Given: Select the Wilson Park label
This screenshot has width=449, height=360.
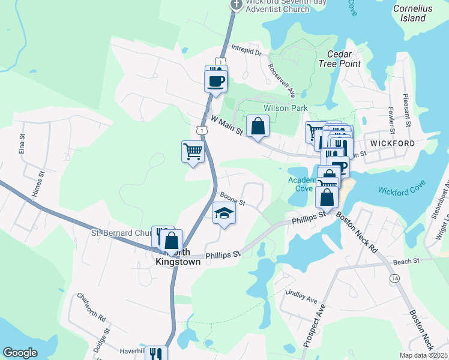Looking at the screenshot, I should point(286,108).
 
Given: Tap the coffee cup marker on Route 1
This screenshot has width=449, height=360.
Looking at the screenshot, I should point(215,80).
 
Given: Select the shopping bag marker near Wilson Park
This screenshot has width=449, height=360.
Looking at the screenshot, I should point(258,126).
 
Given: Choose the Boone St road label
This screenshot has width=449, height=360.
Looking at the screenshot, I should point(232,199).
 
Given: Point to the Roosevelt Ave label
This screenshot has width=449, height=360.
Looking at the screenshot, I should point(282,80).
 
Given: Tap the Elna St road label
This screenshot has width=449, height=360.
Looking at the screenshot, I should point(22,145).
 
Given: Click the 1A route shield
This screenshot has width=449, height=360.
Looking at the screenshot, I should point(394,278).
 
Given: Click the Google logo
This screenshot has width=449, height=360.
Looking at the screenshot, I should point(20,353).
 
